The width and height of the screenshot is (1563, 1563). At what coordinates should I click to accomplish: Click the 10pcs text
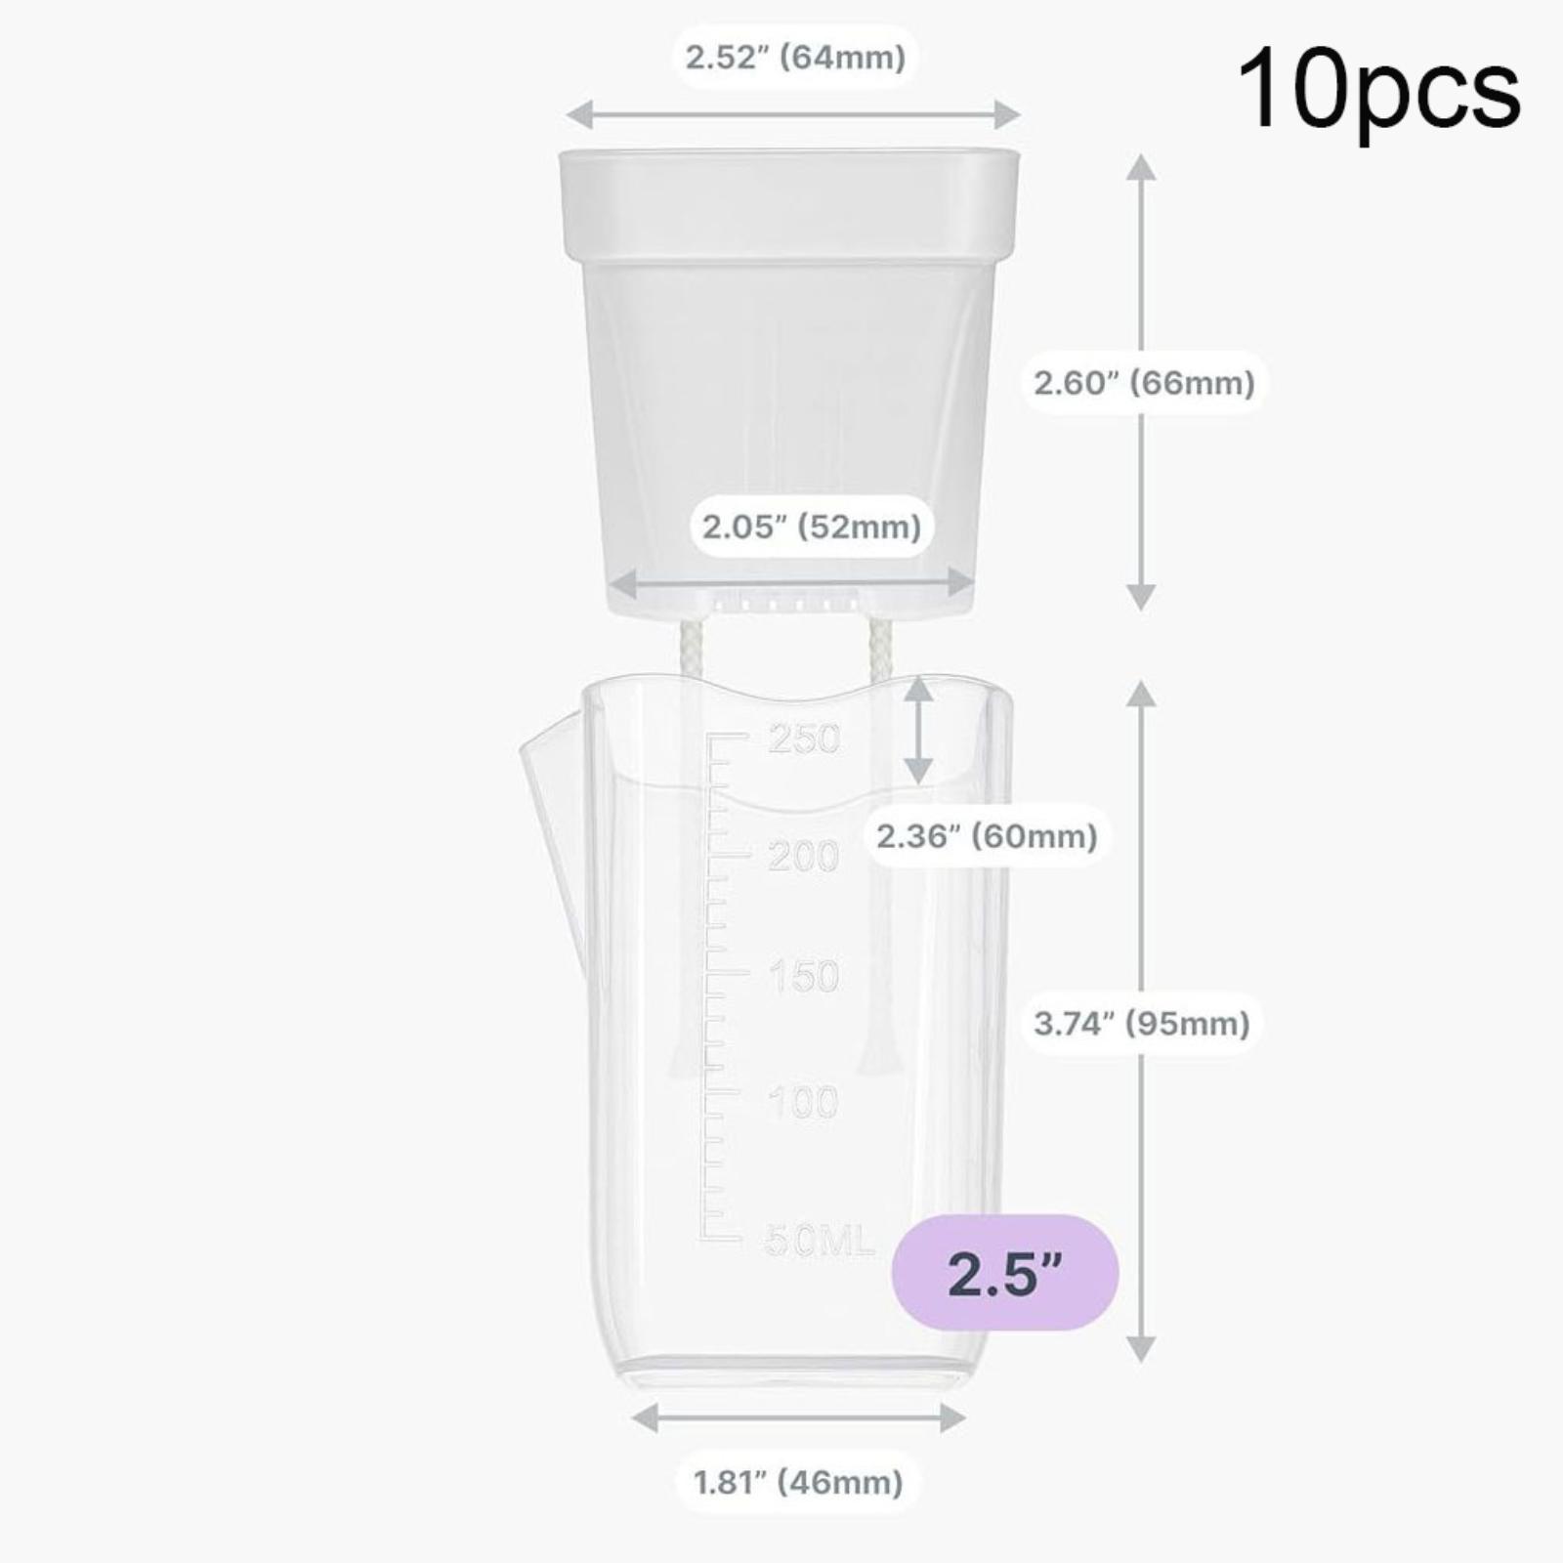pos(1378,91)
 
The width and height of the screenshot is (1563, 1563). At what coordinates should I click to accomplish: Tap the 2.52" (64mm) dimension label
pos(795,58)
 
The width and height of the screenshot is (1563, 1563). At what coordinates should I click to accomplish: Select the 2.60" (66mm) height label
pos(1144,382)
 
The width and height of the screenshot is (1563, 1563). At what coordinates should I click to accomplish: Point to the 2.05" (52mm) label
pos(812,528)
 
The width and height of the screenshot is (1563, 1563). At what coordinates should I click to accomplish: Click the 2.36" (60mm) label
pos(987,836)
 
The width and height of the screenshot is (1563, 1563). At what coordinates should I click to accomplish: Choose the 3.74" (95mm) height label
pos(1142,1024)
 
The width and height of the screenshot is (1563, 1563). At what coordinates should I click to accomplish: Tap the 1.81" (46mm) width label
pos(798,1483)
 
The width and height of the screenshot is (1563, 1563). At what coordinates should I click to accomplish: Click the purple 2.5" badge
pos(1006,1273)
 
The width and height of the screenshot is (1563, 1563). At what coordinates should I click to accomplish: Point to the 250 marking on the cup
pos(804,739)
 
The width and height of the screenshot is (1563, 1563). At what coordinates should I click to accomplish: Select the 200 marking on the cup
pos(803,857)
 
